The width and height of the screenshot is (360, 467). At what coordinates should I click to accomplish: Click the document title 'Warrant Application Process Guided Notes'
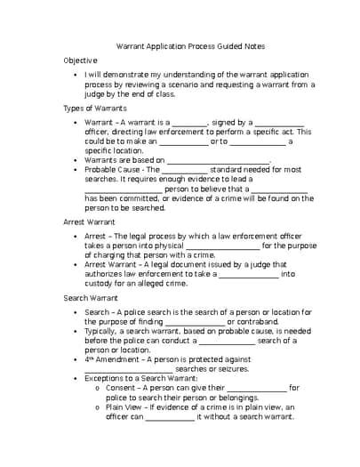tap(191, 45)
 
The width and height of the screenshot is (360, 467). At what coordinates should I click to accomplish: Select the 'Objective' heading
tap(80, 60)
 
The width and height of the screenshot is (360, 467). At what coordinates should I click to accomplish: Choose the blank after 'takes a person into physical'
tap(223, 245)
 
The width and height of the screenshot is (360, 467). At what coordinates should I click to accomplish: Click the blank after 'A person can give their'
tap(257, 388)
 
